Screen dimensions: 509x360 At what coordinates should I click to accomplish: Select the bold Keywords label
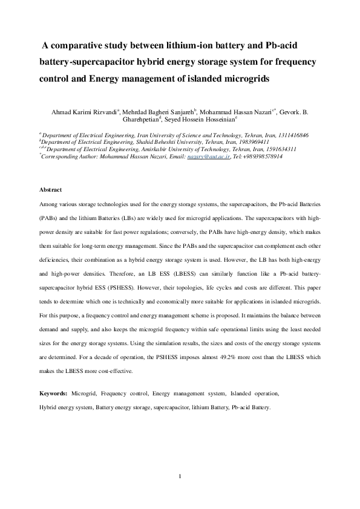tap(53, 394)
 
